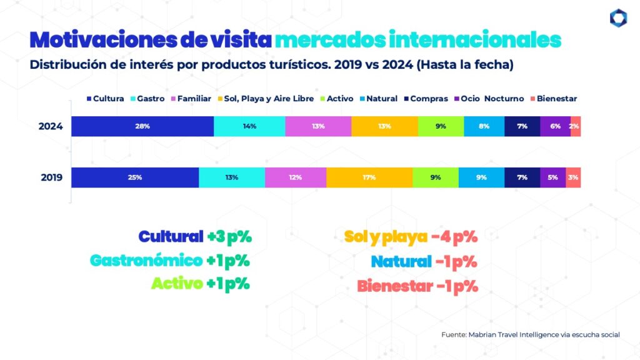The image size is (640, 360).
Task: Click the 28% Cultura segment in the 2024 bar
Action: (x=142, y=126)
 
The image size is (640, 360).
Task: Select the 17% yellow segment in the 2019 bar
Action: (x=369, y=177)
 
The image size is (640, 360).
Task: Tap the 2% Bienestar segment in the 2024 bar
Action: (x=575, y=126)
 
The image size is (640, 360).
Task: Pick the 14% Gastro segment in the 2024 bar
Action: (x=249, y=126)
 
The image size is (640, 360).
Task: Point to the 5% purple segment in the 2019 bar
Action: (x=553, y=177)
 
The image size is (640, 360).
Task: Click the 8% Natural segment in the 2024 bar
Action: (x=484, y=126)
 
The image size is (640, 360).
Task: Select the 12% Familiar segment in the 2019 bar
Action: (x=296, y=177)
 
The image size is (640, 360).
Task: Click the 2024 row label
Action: (x=51, y=126)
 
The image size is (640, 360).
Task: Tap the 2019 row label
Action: (x=51, y=177)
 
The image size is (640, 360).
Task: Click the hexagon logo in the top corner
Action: (x=618, y=18)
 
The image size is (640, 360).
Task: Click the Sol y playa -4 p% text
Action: (x=411, y=237)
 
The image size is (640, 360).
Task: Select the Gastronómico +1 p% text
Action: (x=171, y=261)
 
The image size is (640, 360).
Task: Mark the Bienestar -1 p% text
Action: (x=417, y=286)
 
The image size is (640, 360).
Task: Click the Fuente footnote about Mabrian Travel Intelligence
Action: (x=530, y=335)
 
